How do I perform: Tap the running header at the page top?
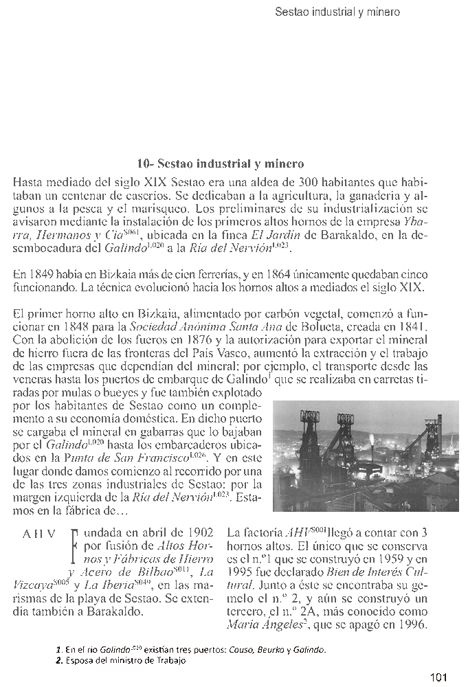[x=337, y=12]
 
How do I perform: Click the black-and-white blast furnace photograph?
[x=365, y=456]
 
